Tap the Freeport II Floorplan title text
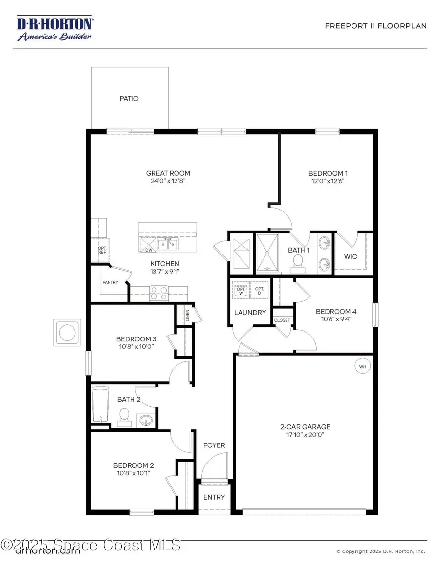[x=375, y=26]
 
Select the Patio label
[x=129, y=98]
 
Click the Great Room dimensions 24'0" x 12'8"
[x=168, y=181]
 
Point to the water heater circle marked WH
[x=362, y=366]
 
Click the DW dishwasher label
[x=148, y=250]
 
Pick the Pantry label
[x=110, y=282]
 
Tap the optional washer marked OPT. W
[x=240, y=289]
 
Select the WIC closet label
[x=351, y=256]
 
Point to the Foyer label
[x=214, y=445]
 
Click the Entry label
[x=214, y=497]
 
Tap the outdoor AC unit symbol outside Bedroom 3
[x=66, y=333]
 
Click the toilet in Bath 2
[x=124, y=416]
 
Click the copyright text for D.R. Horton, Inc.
[x=381, y=551]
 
